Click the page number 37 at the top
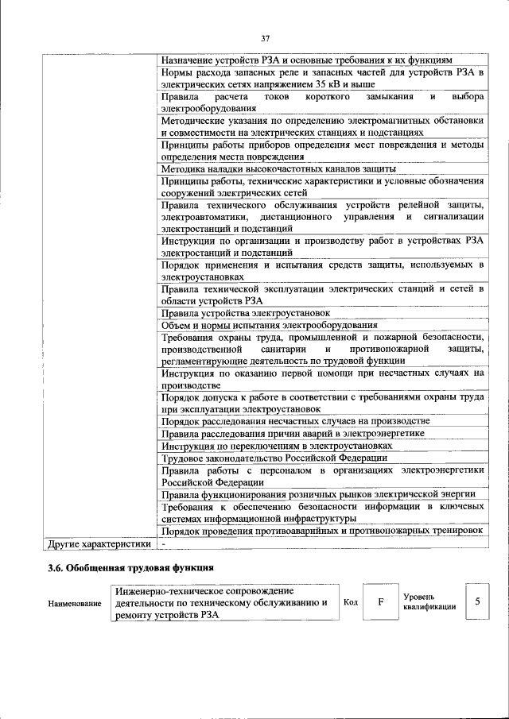[266, 38]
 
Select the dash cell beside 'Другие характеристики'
[163, 544]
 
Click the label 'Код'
[350, 602]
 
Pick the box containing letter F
[380, 602]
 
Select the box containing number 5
[477, 601]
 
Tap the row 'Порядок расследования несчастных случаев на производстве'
[295, 420]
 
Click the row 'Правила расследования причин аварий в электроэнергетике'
[292, 433]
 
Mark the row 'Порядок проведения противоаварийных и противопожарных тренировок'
[321, 531]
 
